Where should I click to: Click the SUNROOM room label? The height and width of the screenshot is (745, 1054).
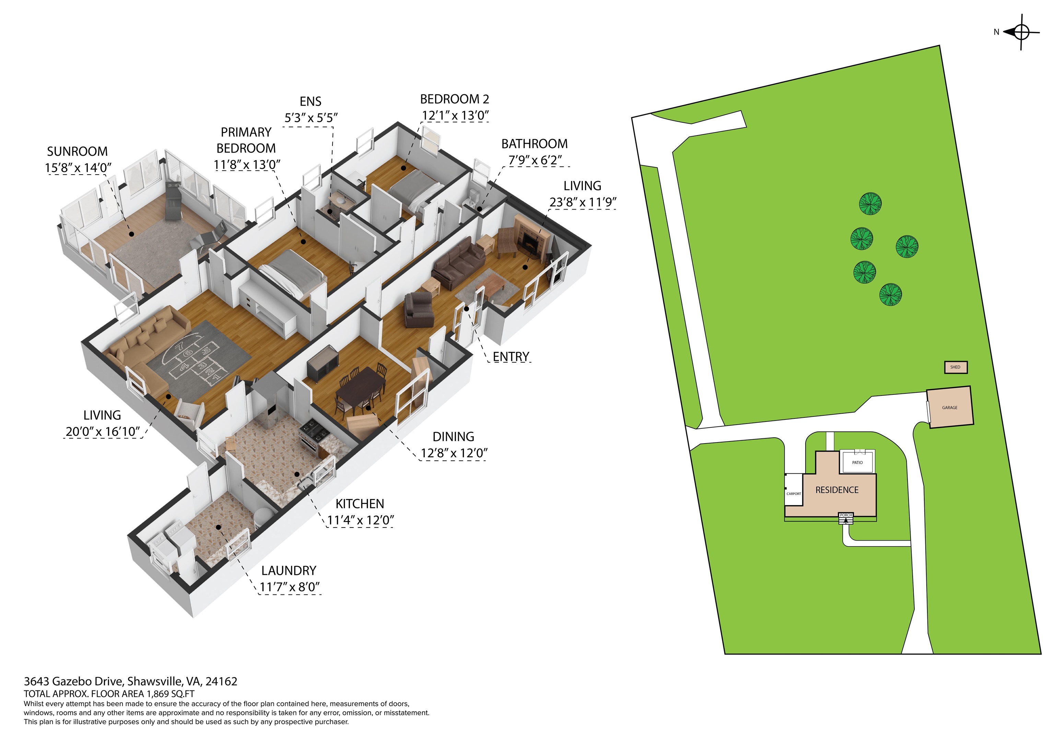click(77, 152)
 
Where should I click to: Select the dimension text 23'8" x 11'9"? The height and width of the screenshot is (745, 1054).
click(583, 202)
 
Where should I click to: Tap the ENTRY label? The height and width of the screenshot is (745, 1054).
click(511, 357)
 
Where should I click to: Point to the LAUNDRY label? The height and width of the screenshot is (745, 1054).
click(289, 570)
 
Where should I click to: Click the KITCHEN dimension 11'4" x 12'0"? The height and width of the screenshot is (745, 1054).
click(360, 520)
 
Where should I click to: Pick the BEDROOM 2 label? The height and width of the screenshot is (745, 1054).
click(455, 99)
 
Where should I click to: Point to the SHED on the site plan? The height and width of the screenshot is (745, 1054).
click(955, 367)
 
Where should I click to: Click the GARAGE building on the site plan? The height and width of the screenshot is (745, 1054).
click(950, 407)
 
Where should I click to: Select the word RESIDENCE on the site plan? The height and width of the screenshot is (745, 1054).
click(837, 490)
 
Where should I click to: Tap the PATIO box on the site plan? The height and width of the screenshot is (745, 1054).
click(857, 462)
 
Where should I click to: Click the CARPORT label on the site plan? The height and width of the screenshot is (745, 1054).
click(794, 494)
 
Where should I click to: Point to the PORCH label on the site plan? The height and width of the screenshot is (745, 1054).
click(846, 515)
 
